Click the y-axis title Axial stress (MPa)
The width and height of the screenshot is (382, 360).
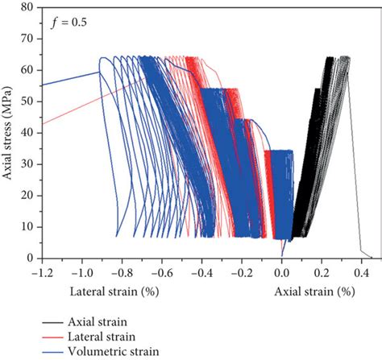pos(9,134)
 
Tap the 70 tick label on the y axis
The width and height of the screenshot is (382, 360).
pos(28,39)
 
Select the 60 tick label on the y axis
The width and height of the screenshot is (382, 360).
pos(28,71)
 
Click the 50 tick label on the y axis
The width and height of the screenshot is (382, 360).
pos(28,102)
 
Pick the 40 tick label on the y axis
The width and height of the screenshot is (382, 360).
pos(28,134)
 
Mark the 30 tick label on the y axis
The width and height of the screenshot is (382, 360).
pos(28,165)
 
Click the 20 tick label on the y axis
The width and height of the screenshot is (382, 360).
pos(28,196)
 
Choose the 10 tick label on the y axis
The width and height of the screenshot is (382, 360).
pos(28,227)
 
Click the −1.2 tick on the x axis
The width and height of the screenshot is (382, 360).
pos(41,271)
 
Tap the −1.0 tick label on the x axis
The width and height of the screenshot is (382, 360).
pos(81,271)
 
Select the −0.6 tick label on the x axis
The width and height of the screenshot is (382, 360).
pos(161,271)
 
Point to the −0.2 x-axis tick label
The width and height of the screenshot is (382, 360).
pos(241,271)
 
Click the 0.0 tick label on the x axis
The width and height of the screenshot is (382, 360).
pos(282,271)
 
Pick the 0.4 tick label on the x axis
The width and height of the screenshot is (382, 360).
pos(362,271)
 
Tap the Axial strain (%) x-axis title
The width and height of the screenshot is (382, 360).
pos(315,290)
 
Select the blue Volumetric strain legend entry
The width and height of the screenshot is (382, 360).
pos(104,350)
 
